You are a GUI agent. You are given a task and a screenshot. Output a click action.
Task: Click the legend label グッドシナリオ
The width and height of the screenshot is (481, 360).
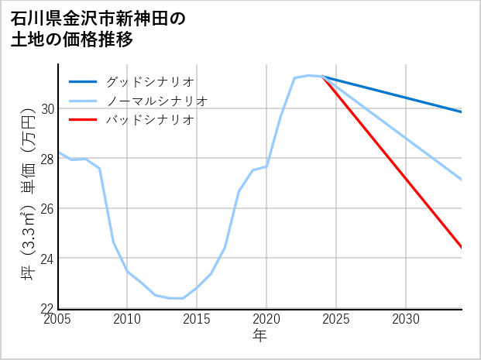[x=150, y=81]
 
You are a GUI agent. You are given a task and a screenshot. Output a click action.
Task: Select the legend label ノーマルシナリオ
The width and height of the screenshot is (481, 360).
[x=157, y=101]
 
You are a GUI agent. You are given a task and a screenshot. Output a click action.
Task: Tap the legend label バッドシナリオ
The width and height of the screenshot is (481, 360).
[x=150, y=120]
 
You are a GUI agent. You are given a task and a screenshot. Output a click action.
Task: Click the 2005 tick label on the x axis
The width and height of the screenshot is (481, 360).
[x=58, y=319]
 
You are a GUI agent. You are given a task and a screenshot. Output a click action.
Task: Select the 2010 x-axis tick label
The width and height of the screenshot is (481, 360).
[x=127, y=319]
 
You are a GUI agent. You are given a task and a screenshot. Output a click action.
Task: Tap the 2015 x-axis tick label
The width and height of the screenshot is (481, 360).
[x=197, y=319]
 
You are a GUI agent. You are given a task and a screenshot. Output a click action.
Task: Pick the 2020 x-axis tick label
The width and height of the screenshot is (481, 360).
[x=266, y=319]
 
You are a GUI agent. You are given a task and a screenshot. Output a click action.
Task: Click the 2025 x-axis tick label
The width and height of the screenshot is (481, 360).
[x=336, y=319]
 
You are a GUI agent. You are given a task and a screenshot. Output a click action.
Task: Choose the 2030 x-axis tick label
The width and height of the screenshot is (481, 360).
[x=406, y=319]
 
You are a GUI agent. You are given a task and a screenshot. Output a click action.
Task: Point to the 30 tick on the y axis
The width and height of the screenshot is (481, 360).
[x=48, y=108]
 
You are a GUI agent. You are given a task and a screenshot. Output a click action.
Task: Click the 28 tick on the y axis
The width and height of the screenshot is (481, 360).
[x=48, y=159]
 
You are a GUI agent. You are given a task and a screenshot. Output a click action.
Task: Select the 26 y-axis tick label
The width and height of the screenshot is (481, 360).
[x=48, y=208]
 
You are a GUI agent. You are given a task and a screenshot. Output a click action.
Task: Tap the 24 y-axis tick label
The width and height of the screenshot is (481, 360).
[x=48, y=259]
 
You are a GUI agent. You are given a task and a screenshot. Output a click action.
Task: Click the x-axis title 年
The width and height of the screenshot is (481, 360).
[x=259, y=335]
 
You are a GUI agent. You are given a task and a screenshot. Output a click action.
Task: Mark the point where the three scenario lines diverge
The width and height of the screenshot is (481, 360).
[x=322, y=77]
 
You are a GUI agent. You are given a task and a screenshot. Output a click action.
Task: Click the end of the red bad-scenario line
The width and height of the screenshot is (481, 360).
[x=462, y=248]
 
